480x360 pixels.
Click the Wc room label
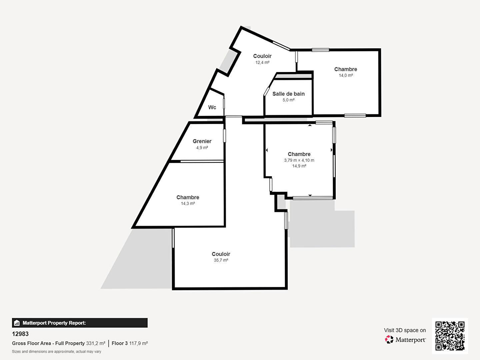click(x=212, y=107)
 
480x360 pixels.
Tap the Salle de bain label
click(x=288, y=94)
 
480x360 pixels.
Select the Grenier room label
click(x=202, y=141)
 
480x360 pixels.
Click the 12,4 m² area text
click(x=262, y=63)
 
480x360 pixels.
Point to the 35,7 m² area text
click(x=221, y=260)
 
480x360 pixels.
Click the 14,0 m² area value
click(x=346, y=75)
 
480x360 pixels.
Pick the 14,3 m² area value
click(x=188, y=203)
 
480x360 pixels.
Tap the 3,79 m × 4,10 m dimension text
click(x=299, y=160)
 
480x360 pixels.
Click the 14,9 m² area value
click(x=299, y=166)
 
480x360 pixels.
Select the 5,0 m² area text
click(x=288, y=100)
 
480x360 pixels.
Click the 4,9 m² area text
click(x=202, y=148)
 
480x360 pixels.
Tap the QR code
click(x=450, y=336)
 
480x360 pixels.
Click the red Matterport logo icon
click(x=389, y=339)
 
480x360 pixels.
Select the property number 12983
click(x=20, y=334)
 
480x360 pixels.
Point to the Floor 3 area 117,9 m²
click(x=130, y=343)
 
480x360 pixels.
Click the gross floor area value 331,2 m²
click(x=96, y=343)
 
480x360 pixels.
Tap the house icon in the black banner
click(x=17, y=323)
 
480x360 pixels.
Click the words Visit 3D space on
click(x=405, y=330)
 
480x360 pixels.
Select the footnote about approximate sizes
click(x=57, y=351)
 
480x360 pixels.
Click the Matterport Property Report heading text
click(x=54, y=323)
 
